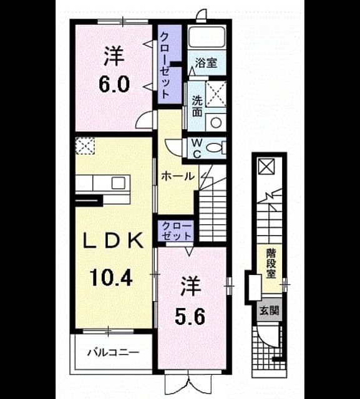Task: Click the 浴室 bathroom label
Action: click(206, 63)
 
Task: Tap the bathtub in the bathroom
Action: click(207, 36)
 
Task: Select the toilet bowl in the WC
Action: click(213, 147)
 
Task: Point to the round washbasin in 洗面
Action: click(216, 122)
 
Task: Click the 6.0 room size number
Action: click(114, 84)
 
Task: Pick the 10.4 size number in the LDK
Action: click(111, 277)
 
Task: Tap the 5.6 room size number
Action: click(190, 317)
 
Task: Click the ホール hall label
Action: click(178, 176)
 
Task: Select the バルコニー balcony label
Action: click(114, 352)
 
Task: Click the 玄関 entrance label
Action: click(269, 310)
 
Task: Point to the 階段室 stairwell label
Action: click(271, 264)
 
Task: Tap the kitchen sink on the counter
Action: click(119, 183)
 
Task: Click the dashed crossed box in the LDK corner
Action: click(85, 146)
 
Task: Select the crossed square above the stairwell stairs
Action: click(266, 166)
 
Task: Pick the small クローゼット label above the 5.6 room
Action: click(177, 231)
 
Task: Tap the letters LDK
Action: click(114, 241)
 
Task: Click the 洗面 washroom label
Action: click(197, 107)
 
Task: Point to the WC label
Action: click(196, 149)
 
